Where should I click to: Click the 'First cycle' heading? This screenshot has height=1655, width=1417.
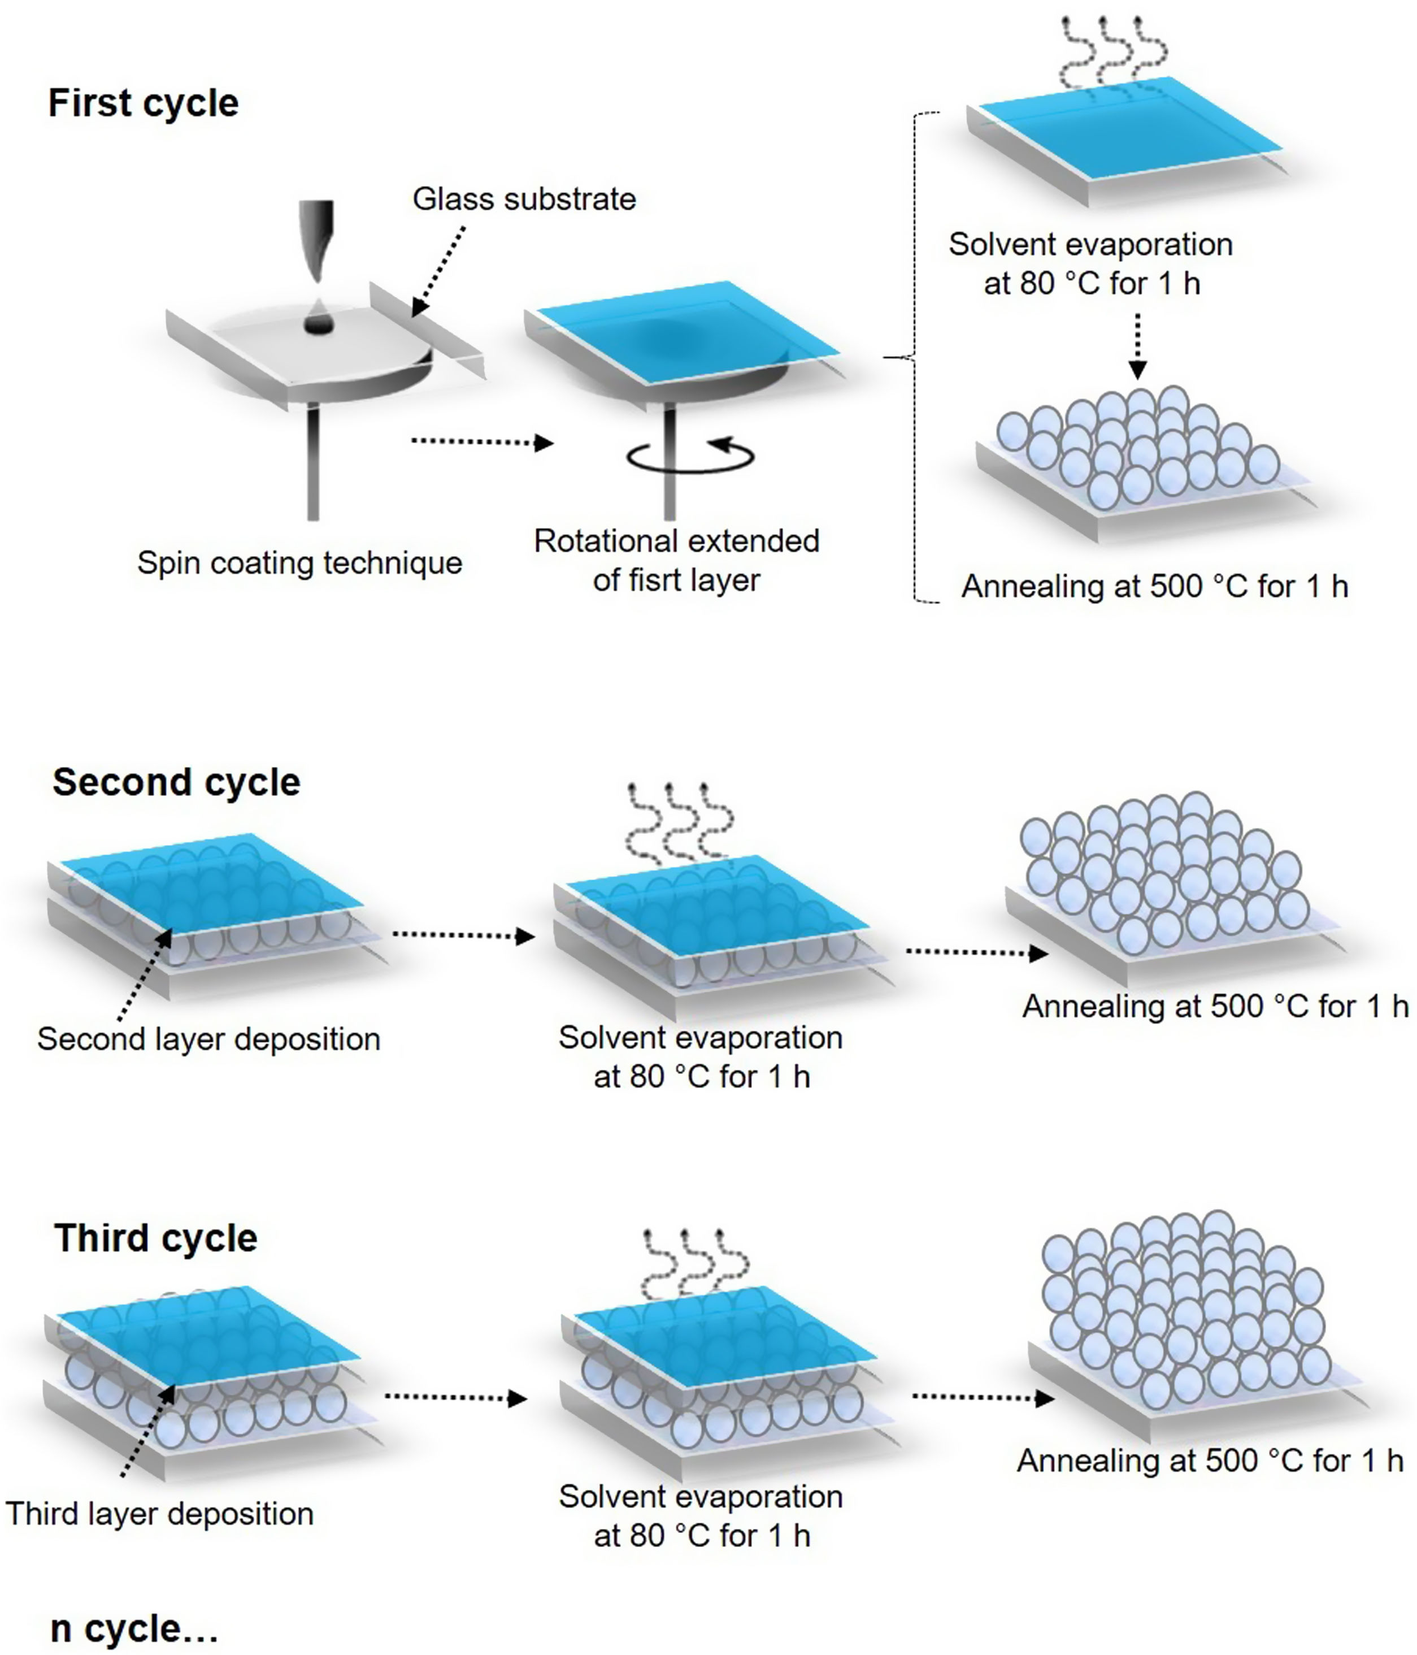click(x=144, y=103)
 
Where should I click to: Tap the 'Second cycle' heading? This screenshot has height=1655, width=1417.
click(x=176, y=782)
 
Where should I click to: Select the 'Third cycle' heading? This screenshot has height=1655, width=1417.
click(x=156, y=1238)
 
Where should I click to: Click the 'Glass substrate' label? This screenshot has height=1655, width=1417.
click(x=524, y=199)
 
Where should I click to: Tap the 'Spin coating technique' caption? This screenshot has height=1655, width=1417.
click(x=299, y=562)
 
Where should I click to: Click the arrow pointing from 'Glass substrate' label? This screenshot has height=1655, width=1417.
click(x=438, y=271)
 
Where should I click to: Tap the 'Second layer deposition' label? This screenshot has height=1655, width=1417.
click(x=208, y=1039)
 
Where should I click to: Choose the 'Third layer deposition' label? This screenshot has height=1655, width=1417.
click(x=160, y=1514)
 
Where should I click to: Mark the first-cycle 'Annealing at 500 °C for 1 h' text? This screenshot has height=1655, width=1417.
click(x=1154, y=586)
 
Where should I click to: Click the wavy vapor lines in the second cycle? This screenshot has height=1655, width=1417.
click(x=679, y=823)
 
